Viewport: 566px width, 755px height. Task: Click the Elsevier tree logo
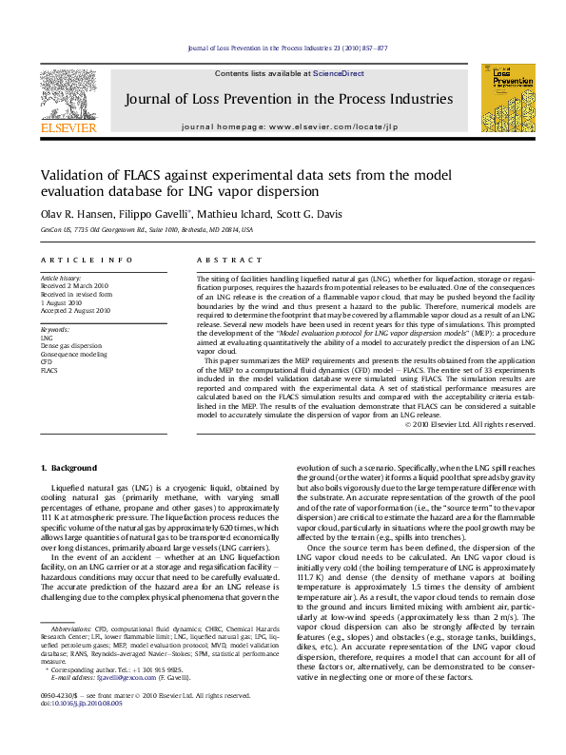(x=68, y=91)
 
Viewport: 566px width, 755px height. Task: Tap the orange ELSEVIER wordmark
(x=68, y=126)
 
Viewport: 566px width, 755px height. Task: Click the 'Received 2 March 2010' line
(x=75, y=284)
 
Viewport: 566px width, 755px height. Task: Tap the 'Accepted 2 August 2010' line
(x=76, y=309)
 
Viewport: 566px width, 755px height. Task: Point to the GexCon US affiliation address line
(x=147, y=230)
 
